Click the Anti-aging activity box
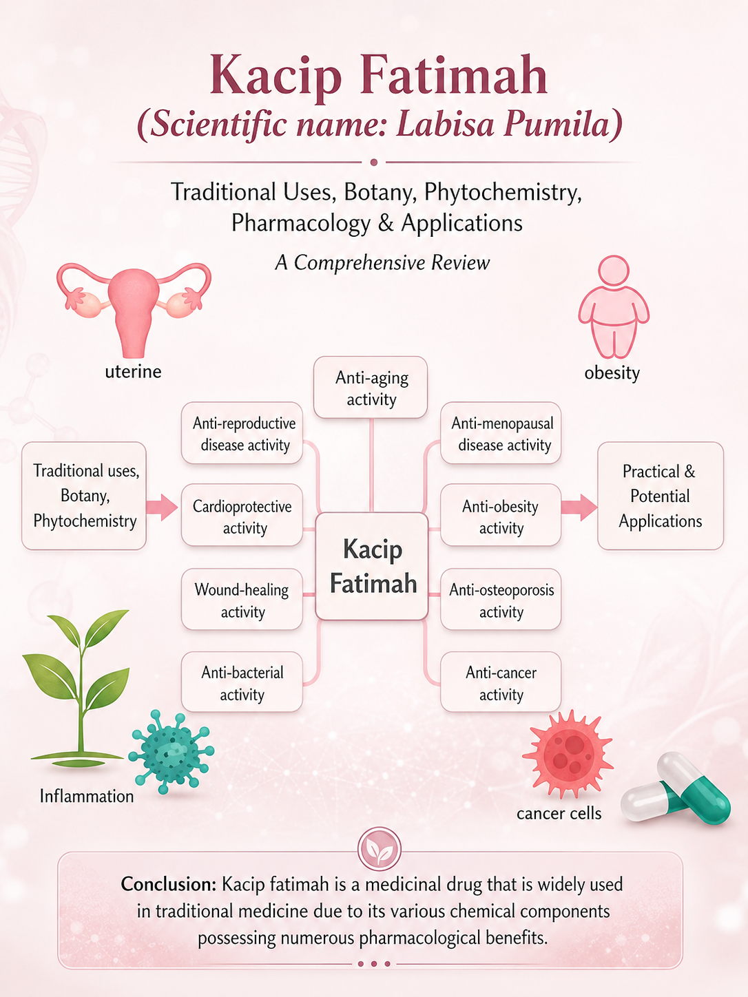(371, 387)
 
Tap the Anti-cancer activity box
(501, 682)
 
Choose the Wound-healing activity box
(242, 599)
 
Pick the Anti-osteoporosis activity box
(501, 599)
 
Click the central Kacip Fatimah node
(372, 566)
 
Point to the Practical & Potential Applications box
(661, 496)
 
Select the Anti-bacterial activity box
(242, 682)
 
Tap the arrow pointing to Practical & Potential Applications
(579, 507)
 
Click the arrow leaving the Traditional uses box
(162, 507)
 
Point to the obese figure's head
(614, 271)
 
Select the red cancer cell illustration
(568, 753)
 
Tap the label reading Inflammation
(87, 796)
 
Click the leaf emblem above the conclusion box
(380, 848)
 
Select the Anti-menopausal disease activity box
(501, 433)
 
